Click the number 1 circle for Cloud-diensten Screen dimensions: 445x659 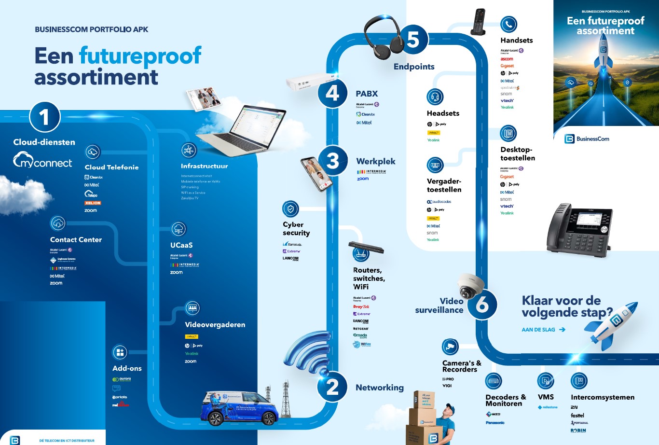[44, 117]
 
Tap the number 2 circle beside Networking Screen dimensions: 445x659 [332, 387]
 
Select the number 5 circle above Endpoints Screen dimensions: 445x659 [413, 39]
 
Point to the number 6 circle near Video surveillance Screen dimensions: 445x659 [482, 305]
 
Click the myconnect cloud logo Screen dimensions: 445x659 [42, 160]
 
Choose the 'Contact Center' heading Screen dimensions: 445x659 [76, 239]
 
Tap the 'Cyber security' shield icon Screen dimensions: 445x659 [290, 209]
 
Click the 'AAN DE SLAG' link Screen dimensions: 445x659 [543, 330]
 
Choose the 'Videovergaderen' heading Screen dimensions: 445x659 [215, 325]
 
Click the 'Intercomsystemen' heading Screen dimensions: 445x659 [603, 397]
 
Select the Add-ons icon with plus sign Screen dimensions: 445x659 [120, 352]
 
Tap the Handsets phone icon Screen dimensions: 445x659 [508, 24]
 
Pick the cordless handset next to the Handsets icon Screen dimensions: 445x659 [479, 22]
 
